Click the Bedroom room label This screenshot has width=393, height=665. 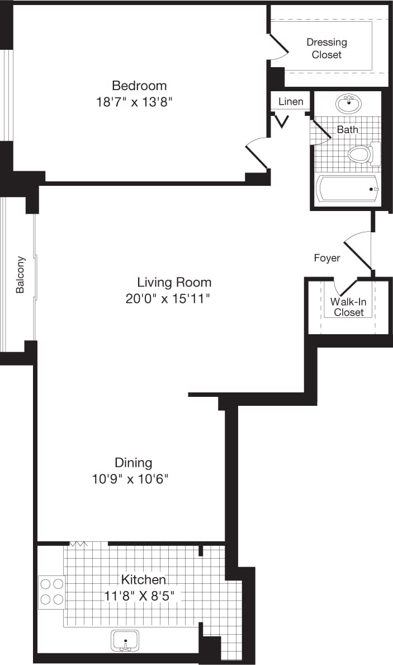tap(139, 86)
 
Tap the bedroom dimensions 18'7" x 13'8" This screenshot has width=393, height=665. tap(139, 102)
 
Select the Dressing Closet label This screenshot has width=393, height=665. tap(326, 48)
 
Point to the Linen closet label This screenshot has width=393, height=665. tap(291, 101)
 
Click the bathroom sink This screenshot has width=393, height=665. tap(349, 103)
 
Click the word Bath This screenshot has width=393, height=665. tap(347, 129)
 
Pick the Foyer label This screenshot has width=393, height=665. tap(326, 258)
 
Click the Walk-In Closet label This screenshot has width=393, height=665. tap(348, 307)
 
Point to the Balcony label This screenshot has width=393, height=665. tap(20, 275)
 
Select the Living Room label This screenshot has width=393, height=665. tap(174, 282)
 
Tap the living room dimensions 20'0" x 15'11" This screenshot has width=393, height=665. tap(168, 298)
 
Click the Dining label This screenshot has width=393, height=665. tap(133, 462)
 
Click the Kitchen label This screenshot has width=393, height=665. tap(144, 579)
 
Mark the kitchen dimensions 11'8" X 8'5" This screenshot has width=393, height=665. tap(144, 596)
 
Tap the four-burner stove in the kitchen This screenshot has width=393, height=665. tap(51, 592)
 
